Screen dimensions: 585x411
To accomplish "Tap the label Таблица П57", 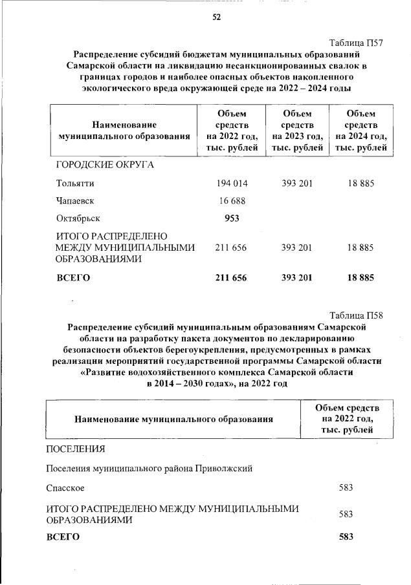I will click(357, 43).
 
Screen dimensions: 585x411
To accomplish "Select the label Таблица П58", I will click(357, 315).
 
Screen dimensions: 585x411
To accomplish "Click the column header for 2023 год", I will click(297, 131).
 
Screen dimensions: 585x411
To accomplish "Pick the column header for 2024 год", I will click(361, 131).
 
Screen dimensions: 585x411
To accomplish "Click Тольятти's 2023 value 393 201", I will click(297, 184).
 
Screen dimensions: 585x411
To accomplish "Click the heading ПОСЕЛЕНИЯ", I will click(75, 448).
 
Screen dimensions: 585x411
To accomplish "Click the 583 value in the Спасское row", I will click(346, 487).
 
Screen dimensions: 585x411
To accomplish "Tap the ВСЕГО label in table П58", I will click(63, 537).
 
